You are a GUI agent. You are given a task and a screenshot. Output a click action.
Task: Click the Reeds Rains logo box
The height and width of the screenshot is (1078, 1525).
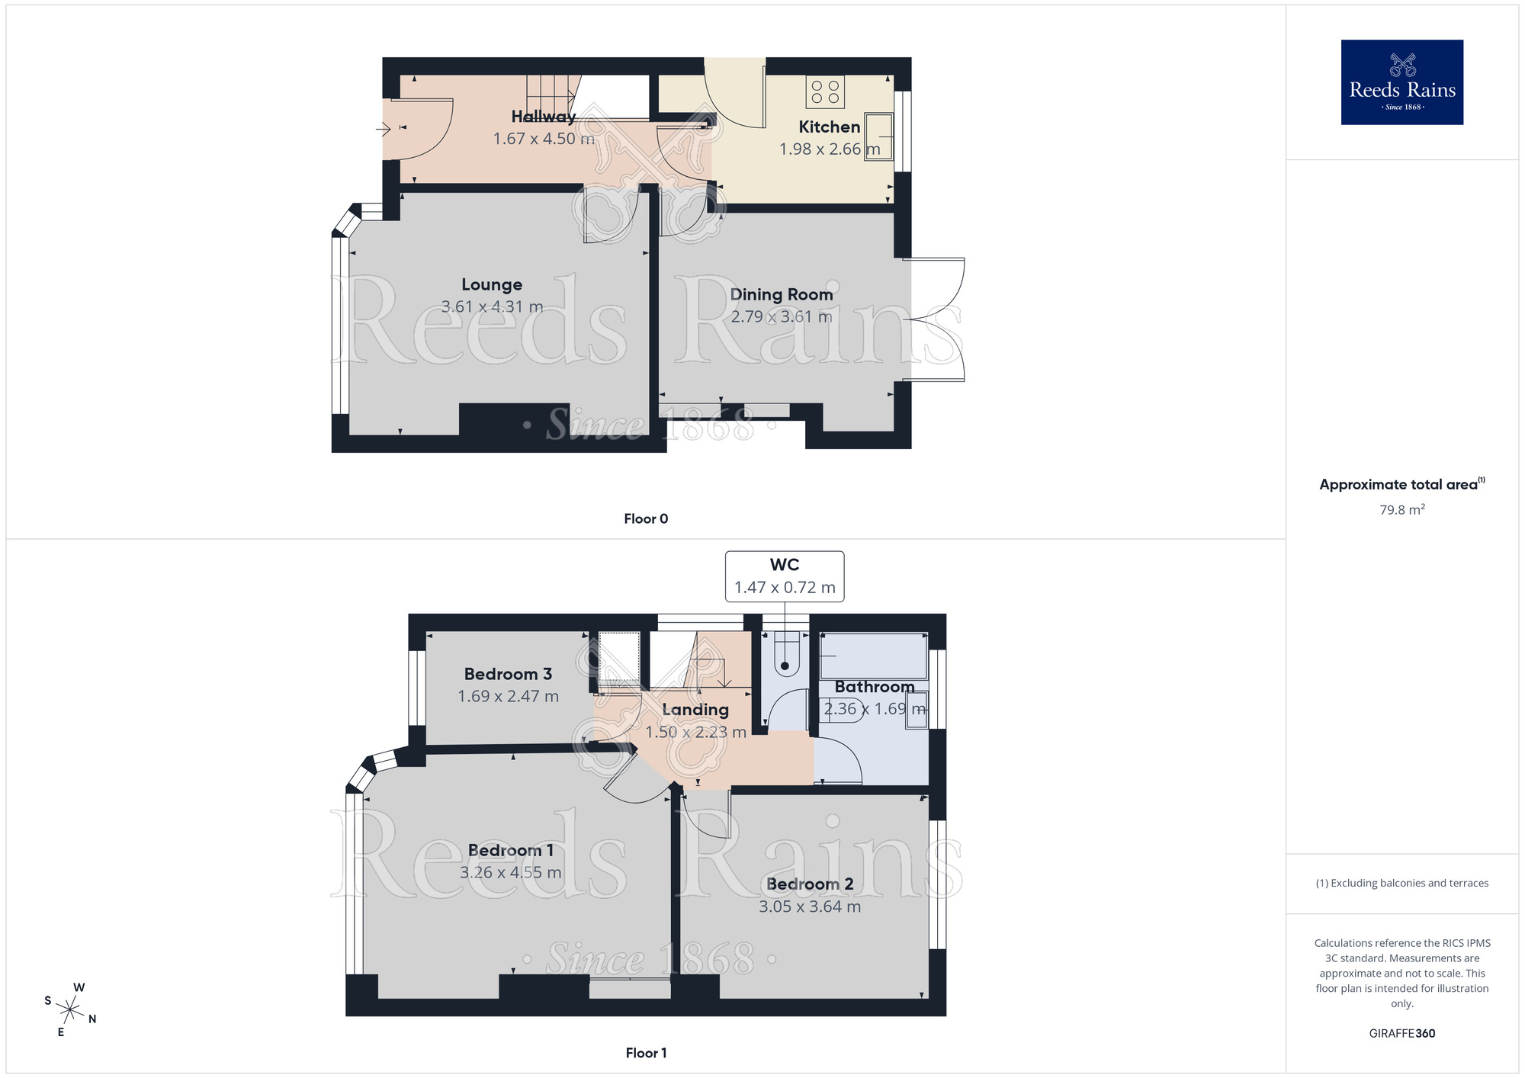click(1401, 82)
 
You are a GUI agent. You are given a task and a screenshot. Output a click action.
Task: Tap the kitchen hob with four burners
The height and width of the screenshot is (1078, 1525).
click(825, 92)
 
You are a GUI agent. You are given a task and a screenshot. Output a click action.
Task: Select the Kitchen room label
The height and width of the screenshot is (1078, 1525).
click(829, 127)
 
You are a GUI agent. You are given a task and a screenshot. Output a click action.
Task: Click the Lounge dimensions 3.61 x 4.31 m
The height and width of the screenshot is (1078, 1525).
click(492, 306)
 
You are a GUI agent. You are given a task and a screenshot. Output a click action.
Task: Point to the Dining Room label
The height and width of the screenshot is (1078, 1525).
click(781, 294)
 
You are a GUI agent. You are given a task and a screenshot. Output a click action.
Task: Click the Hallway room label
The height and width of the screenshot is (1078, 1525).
click(543, 117)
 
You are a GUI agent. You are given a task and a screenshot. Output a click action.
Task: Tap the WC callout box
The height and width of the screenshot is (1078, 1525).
click(784, 576)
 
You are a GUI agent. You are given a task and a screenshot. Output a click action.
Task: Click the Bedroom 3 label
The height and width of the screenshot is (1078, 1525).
click(508, 674)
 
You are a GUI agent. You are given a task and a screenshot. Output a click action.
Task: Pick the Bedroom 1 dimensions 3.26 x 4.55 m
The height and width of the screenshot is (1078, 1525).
click(510, 872)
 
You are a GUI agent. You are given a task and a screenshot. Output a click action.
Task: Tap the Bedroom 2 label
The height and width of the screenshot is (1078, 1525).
click(810, 884)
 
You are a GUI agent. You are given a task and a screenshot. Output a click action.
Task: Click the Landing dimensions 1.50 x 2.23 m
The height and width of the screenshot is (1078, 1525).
click(695, 732)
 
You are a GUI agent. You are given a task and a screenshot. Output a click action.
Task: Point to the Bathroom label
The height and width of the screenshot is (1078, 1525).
click(874, 687)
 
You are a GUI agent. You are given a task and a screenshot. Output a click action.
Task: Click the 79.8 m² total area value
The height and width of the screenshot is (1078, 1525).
click(1401, 510)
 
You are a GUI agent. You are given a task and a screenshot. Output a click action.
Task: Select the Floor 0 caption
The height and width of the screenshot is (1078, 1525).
click(646, 519)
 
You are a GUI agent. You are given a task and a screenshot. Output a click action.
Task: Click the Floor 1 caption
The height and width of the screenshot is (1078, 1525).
click(646, 1053)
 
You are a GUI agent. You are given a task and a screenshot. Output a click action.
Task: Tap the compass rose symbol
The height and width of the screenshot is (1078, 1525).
click(70, 1011)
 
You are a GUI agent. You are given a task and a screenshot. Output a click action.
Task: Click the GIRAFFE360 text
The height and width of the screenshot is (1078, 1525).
click(1401, 1034)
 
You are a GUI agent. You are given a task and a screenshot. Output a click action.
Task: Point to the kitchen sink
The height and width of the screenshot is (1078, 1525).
click(879, 136)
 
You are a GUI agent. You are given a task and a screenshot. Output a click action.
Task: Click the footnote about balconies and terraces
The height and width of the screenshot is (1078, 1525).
click(1401, 883)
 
